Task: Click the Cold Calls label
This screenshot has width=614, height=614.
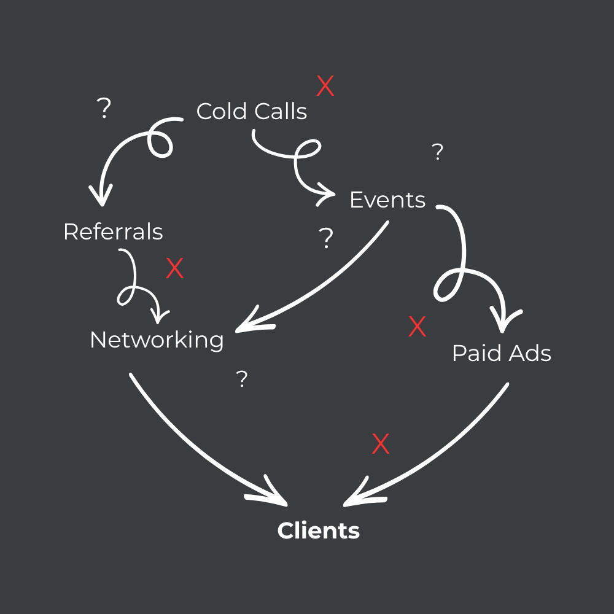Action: [252, 112]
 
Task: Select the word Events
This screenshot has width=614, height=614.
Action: [387, 200]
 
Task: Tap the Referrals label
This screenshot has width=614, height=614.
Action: [113, 232]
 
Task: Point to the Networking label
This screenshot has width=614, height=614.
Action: [157, 340]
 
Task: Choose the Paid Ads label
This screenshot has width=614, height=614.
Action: [501, 354]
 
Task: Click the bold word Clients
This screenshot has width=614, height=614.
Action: [318, 530]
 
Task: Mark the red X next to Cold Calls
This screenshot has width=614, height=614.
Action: [325, 87]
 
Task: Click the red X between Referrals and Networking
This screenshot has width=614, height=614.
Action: [175, 269]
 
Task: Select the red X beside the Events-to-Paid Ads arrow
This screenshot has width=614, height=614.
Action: [418, 327]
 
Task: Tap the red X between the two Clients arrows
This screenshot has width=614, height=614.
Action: [381, 444]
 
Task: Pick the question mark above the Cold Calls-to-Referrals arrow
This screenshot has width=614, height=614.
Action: [105, 109]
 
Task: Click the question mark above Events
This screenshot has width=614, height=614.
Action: [437, 152]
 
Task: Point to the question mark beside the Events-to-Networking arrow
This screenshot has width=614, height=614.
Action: [327, 238]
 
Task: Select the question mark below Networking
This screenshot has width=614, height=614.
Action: [243, 379]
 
